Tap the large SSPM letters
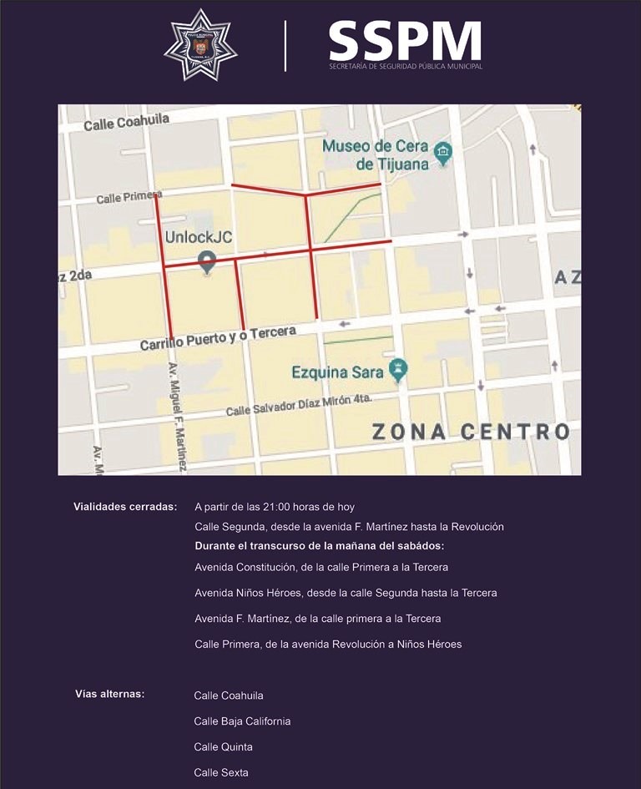(x=405, y=40)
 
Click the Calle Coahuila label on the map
(x=126, y=123)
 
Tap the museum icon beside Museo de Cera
(x=444, y=153)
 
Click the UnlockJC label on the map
(x=198, y=237)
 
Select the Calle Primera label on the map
(x=129, y=197)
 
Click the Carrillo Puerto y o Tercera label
(x=218, y=337)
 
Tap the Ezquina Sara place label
(x=337, y=372)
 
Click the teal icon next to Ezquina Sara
(x=399, y=368)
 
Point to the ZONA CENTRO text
(x=470, y=432)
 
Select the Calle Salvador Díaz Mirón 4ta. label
(x=298, y=406)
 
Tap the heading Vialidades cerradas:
(x=125, y=506)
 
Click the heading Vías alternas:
(x=110, y=693)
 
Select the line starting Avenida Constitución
(x=321, y=567)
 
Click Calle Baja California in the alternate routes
(x=242, y=721)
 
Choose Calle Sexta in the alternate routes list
(x=221, y=772)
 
